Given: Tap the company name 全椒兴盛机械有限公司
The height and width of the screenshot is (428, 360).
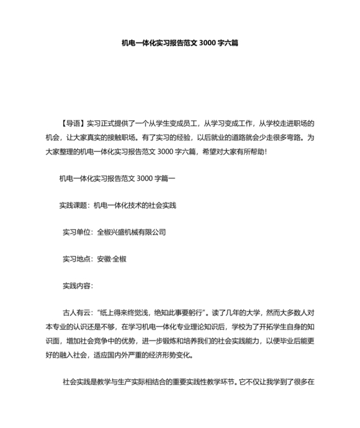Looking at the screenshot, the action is click(x=130, y=232).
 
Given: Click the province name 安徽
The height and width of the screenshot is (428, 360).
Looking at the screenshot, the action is click(x=104, y=258).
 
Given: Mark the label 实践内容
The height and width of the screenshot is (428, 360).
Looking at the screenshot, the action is click(x=76, y=284).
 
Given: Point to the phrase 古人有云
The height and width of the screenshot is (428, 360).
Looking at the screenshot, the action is click(x=76, y=312).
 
